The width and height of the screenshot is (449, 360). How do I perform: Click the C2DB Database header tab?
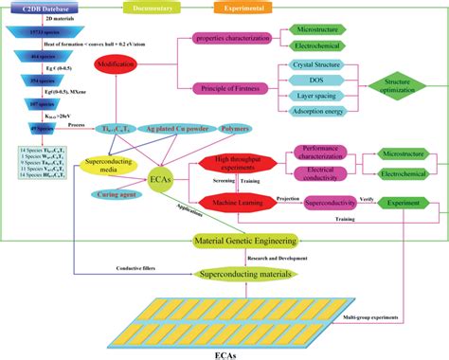coord(47,8)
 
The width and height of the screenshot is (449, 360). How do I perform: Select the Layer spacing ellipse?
coord(310,98)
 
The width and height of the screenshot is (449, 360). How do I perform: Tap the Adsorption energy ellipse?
coord(310,114)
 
